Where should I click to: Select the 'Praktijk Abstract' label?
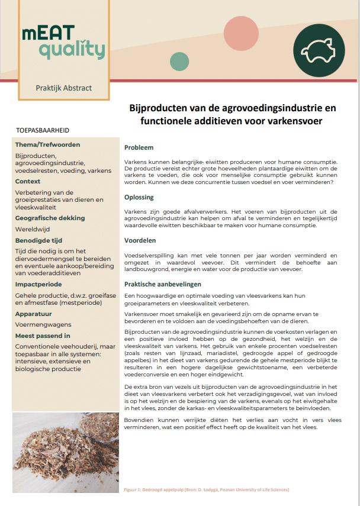tap(63, 88)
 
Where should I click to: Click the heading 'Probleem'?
tap(139, 147)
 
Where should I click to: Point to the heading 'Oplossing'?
tap(139, 197)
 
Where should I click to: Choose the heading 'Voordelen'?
tap(140, 241)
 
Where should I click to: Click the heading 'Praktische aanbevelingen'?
tap(163, 284)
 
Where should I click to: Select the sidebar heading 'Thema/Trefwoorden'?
tap(48, 144)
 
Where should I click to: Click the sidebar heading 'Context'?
tap(28, 182)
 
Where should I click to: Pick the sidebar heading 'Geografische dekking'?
tap(50, 218)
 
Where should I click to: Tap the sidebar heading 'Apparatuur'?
tap(35, 314)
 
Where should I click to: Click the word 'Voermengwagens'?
tap(43, 325)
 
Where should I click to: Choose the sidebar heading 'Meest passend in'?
tap(43, 336)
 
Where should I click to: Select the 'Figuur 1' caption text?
tap(205, 490)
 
